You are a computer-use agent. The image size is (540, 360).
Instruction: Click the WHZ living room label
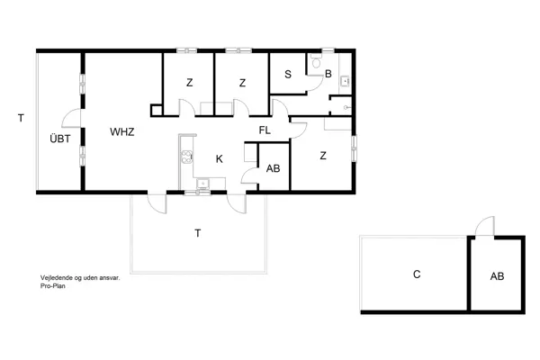(122, 132)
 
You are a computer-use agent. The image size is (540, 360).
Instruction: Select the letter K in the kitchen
(219, 159)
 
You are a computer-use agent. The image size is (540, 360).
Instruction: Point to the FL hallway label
(265, 130)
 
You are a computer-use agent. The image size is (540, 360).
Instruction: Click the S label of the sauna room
(286, 74)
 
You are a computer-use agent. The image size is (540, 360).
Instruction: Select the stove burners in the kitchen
(187, 157)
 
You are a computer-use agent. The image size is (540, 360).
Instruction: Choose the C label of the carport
(417, 274)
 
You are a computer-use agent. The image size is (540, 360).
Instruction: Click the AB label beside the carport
(497, 276)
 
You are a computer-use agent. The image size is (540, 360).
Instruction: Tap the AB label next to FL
(274, 168)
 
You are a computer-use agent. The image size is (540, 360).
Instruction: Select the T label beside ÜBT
(19, 117)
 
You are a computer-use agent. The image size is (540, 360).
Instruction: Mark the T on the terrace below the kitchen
(197, 233)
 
